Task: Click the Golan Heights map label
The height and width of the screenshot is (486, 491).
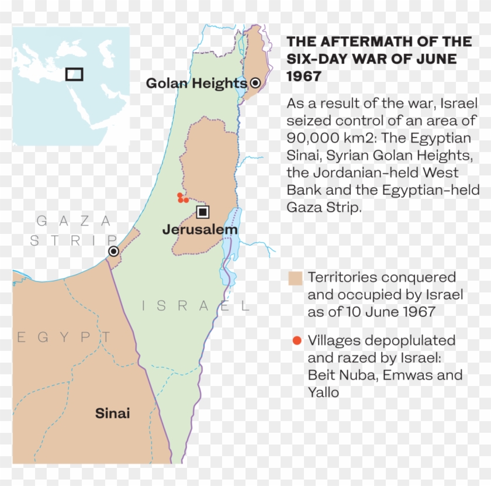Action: (x=196, y=84)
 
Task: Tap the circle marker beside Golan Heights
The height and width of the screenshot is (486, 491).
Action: (x=255, y=83)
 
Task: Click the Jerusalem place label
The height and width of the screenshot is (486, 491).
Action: (x=200, y=230)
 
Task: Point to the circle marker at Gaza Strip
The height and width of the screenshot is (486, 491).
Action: (x=113, y=251)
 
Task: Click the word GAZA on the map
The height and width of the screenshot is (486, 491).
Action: (x=74, y=220)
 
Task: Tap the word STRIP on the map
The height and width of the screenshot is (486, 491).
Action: (x=74, y=240)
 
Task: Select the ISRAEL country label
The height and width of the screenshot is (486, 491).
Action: (x=196, y=305)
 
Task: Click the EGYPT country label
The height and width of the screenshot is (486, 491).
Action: (x=64, y=337)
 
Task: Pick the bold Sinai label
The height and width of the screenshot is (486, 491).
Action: (x=112, y=414)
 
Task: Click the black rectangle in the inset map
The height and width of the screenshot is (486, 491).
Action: (x=74, y=74)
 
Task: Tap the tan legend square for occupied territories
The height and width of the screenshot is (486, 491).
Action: (x=296, y=278)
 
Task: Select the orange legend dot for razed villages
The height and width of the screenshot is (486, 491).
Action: (x=297, y=340)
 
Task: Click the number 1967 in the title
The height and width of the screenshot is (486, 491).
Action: (x=303, y=77)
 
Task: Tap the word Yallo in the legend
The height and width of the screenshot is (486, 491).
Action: (x=323, y=392)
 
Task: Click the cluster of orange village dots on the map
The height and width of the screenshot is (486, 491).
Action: (x=182, y=198)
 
